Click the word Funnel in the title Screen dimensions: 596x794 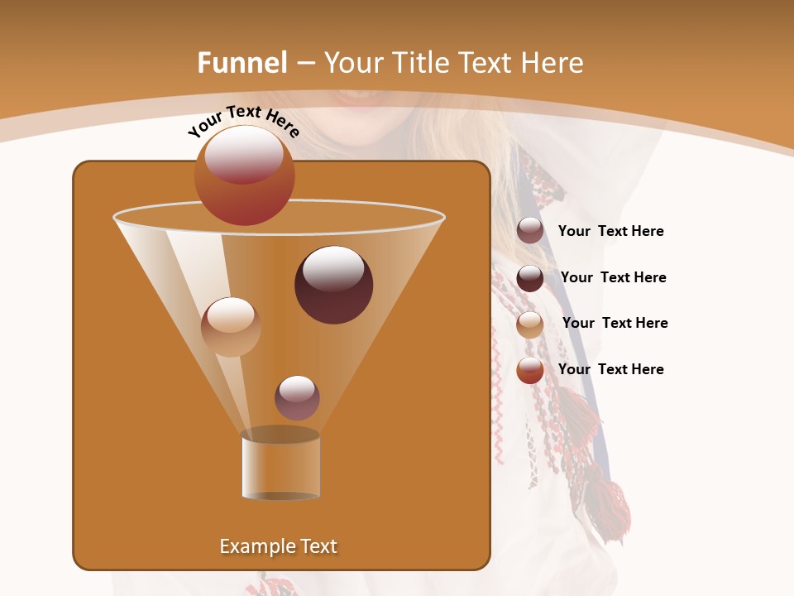point(242,63)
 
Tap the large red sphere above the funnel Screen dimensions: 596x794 point(244,175)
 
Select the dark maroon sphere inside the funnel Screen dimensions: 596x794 point(333,284)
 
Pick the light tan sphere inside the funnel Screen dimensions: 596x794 point(231,326)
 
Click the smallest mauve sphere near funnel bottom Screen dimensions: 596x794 point(297,397)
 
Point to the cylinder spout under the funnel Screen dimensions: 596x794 point(280,466)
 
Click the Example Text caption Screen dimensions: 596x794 point(278,546)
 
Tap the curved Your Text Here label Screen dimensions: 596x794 point(243,121)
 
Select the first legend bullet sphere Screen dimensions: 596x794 point(530,231)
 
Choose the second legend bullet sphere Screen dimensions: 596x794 point(530,277)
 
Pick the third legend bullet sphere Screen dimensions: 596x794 point(530,324)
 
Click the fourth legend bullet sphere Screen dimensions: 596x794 point(530,370)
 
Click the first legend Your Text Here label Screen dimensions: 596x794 point(610,232)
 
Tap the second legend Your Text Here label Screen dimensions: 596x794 point(613,277)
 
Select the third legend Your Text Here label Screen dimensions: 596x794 point(615,323)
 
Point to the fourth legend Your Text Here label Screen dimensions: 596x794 point(610,369)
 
